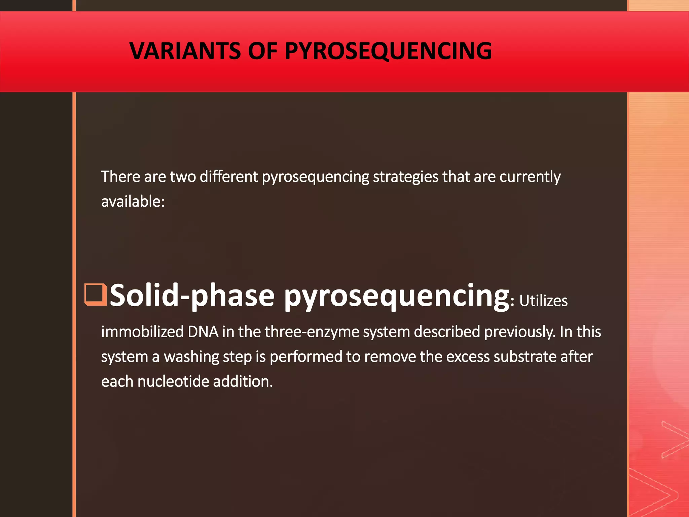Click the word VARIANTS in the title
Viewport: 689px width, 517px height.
[x=185, y=51]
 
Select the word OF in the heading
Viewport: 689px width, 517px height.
[x=262, y=51]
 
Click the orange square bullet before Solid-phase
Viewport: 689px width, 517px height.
[x=95, y=295]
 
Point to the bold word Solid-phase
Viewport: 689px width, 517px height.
[x=192, y=296]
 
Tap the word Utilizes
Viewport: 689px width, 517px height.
[x=543, y=301]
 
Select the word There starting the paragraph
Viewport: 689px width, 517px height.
[x=120, y=177]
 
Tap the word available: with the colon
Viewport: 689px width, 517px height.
[x=133, y=202]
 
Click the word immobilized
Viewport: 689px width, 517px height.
[x=142, y=332]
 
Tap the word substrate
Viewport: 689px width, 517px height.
[x=524, y=357]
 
